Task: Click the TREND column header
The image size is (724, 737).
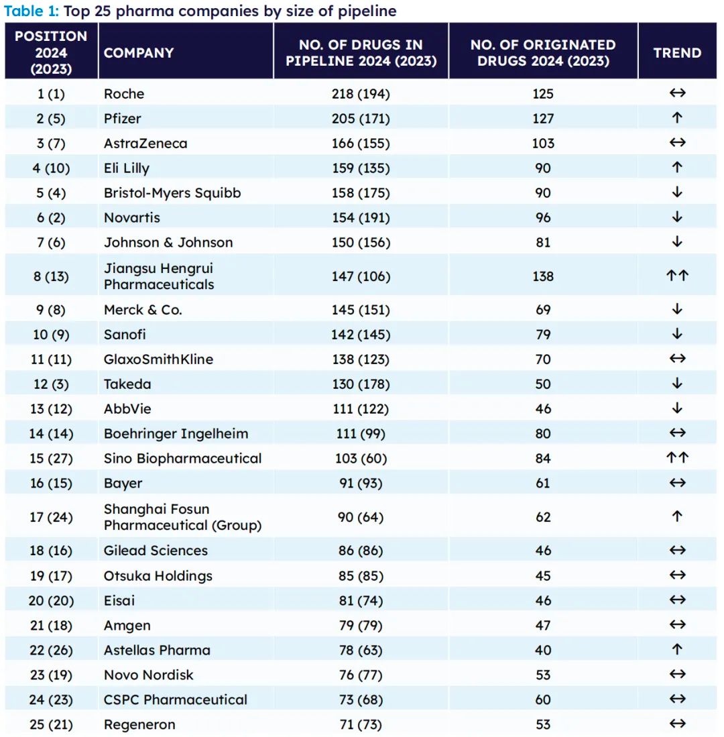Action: [x=677, y=52]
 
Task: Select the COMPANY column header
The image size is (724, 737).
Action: [x=139, y=52]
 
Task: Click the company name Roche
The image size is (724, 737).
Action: [x=124, y=94]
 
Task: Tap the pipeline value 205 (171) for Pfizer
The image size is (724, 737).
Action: [x=361, y=119]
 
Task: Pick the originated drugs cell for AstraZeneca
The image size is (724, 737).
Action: [x=543, y=144]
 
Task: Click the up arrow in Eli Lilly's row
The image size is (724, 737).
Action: [x=677, y=168]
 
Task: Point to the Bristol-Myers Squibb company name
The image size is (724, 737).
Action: [x=172, y=193]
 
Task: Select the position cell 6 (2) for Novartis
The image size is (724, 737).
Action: [x=51, y=218]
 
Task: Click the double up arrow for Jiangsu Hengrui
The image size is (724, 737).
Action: [x=677, y=276]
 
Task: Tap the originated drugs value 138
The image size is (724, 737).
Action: [x=543, y=276]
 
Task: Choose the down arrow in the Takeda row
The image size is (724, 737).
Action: [x=677, y=384]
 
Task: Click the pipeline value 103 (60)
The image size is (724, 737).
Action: [x=361, y=459]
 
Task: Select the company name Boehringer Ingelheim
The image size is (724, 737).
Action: [x=176, y=434]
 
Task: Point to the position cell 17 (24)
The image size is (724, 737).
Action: [x=51, y=518]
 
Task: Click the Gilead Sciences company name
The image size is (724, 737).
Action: [x=156, y=551]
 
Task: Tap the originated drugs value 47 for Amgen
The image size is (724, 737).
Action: [x=543, y=626]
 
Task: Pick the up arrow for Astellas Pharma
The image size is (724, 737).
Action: [x=677, y=650]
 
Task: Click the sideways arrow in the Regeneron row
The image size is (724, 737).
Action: [x=677, y=724]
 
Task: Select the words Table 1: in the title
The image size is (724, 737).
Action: [x=32, y=11]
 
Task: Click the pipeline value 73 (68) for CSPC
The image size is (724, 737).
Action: [x=361, y=700]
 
